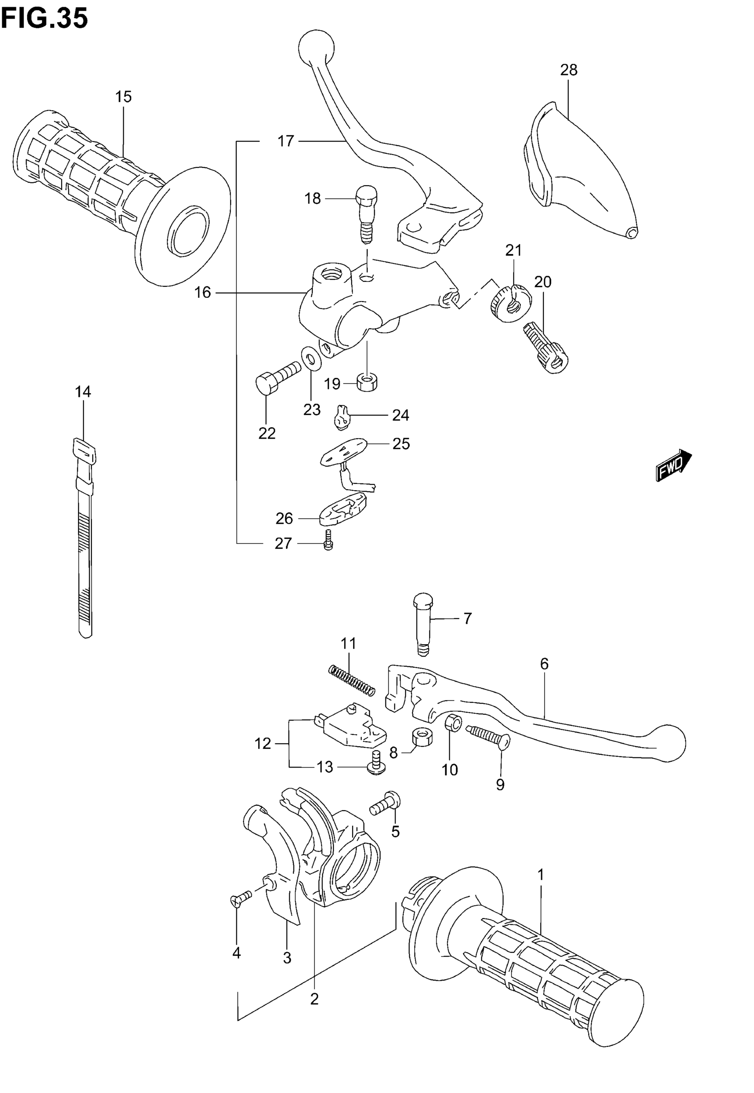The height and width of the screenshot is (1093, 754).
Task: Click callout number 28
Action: pyautogui.click(x=569, y=70)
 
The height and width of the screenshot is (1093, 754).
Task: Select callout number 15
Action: pyautogui.click(x=123, y=96)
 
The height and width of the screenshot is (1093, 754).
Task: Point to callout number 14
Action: pyautogui.click(x=82, y=392)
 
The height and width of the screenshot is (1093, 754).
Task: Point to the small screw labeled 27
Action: pyautogui.click(x=328, y=539)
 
